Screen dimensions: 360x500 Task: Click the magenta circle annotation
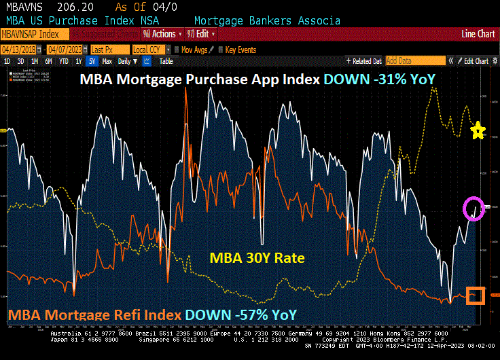coord(474,207)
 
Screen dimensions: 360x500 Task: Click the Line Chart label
coord(478,34)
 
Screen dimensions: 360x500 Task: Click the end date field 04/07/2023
coord(69,50)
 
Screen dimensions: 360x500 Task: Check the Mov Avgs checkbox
coord(177,50)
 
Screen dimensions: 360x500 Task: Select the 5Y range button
coord(91,61)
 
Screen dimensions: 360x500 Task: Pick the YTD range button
coord(64,61)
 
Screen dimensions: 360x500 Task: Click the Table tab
coord(166,61)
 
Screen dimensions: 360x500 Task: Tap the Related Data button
coord(363,61)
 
